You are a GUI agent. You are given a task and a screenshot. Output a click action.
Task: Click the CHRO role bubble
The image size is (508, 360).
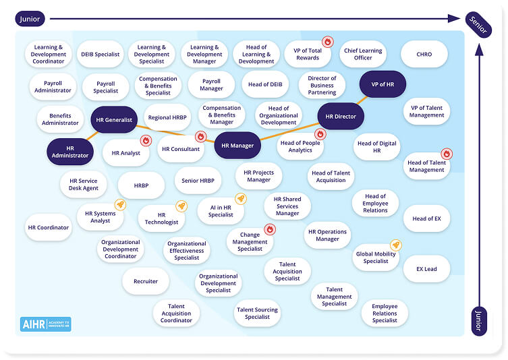424,54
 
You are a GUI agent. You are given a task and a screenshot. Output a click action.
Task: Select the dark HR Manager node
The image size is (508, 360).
237,145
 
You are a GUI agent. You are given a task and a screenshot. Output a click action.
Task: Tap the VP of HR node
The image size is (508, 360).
382,84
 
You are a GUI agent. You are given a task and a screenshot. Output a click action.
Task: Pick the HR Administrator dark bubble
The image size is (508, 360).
70,151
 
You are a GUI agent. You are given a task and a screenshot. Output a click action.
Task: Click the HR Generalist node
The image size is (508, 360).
114,120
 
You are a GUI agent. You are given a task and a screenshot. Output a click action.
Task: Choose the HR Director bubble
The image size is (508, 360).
341,117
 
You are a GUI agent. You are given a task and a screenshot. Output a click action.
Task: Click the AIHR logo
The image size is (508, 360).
45,324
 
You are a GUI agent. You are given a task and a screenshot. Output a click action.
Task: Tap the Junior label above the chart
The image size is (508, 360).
30,20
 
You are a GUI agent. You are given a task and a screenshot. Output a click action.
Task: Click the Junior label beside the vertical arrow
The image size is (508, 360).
479,321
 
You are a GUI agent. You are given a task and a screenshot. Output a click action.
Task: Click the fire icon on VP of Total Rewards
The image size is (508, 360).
327,42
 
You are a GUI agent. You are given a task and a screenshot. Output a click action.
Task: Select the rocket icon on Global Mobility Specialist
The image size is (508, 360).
396,245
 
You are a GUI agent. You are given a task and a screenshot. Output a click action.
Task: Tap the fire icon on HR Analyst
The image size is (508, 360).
146,141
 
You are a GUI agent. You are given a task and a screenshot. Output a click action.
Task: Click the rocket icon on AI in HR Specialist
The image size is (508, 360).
240,198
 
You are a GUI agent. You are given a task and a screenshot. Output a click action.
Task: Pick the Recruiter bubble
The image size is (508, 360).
146,281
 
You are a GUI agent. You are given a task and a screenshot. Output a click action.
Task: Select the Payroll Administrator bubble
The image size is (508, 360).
53,86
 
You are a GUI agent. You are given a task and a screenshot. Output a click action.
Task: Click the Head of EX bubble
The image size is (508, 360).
426,218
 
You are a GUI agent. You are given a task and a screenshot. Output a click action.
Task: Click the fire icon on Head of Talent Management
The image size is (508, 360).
446,154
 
